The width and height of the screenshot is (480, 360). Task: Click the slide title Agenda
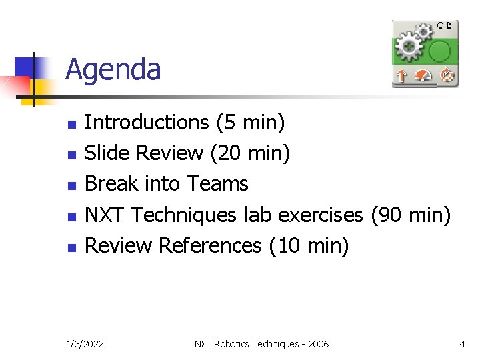point(113,69)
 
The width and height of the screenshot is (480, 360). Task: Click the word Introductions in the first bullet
point(147,123)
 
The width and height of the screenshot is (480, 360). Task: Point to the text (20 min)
point(250,153)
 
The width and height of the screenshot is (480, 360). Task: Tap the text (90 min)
point(411,215)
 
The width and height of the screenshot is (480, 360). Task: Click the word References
point(210,246)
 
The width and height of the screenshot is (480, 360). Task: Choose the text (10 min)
point(309,246)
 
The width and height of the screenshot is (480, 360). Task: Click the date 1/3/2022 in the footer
point(85,344)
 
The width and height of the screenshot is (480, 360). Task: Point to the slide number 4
point(462,344)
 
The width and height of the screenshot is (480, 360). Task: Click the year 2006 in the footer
point(317,344)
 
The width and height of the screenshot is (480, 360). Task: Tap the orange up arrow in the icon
point(401,76)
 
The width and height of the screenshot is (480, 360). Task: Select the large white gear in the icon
point(409,47)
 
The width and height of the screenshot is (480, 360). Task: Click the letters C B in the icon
point(445,25)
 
